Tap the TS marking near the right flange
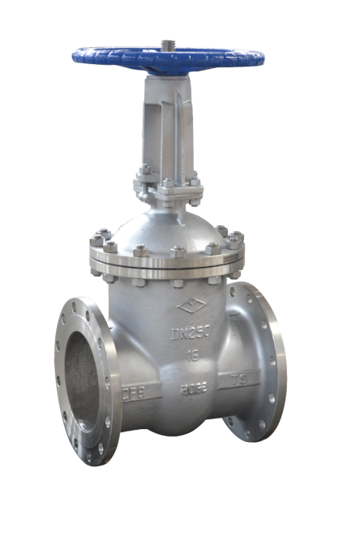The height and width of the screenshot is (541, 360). (241, 379)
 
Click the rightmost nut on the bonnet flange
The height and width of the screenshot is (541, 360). (237, 239)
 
